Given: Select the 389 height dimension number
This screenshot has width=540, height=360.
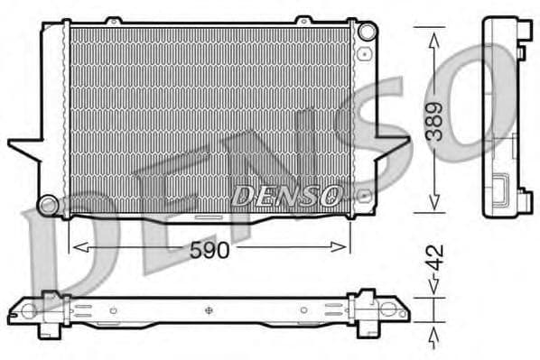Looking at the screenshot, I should coord(436,121).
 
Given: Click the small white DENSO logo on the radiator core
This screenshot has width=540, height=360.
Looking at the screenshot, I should coord(287,193).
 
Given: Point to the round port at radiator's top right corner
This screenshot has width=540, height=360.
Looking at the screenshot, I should coord(366,32).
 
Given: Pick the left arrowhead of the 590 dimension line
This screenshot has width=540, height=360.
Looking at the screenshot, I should coord(76,246).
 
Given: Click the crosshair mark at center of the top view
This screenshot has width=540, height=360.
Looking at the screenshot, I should coord(209,311).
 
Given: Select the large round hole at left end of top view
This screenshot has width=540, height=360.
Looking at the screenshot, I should coord(28,311).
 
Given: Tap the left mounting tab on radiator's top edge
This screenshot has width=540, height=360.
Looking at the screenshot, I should coord(112,20).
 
